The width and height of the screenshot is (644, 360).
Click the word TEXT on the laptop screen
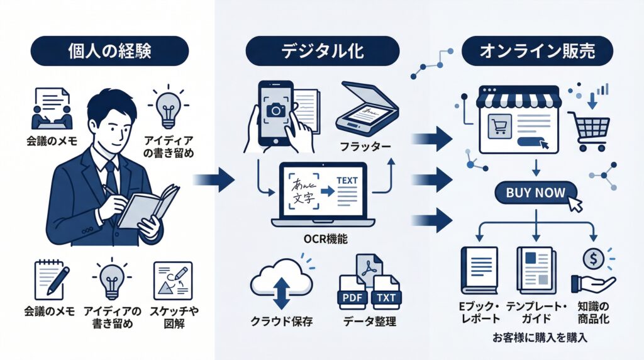pos(347,181)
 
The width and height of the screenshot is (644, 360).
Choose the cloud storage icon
pos(282,283)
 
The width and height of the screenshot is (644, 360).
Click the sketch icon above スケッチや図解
pos(172,279)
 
